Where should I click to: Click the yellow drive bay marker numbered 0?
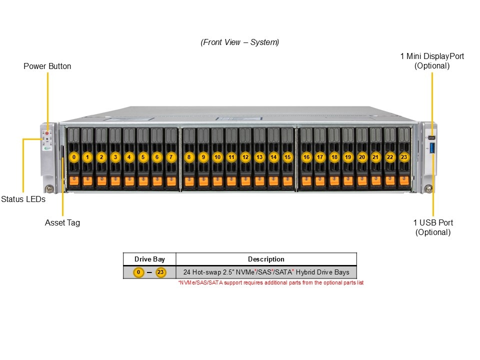(74, 157)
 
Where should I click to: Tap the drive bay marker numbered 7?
(171, 157)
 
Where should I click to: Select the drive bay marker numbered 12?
(245, 157)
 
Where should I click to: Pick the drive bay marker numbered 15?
(287, 157)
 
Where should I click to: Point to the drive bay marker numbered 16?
(306, 157)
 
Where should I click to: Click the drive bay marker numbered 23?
(404, 157)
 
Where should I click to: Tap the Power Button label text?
(47, 66)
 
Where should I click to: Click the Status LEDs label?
(23, 199)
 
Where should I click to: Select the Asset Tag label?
(62, 222)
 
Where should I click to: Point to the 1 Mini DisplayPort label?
(432, 56)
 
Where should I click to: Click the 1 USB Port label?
(433, 222)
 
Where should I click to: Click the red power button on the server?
(47, 133)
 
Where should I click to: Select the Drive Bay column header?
(149, 259)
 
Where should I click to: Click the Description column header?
(266, 259)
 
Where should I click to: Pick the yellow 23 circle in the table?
(160, 272)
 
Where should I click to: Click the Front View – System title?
(240, 42)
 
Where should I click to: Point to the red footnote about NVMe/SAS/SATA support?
(270, 283)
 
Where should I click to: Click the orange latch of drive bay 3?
(115, 180)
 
